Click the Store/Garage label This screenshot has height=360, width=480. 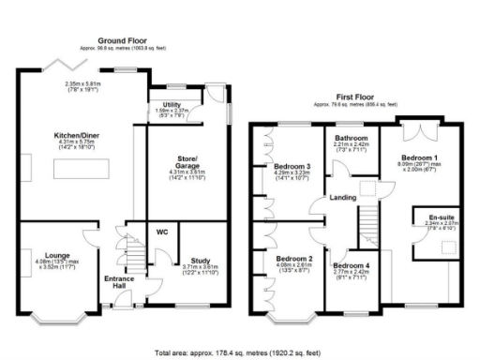pos(179,161)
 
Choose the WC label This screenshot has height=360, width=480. pos(161,232)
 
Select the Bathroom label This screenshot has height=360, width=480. pos(352,139)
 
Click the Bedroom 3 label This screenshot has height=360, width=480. pos(292,168)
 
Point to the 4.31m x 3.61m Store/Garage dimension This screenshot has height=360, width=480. pos(179,172)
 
